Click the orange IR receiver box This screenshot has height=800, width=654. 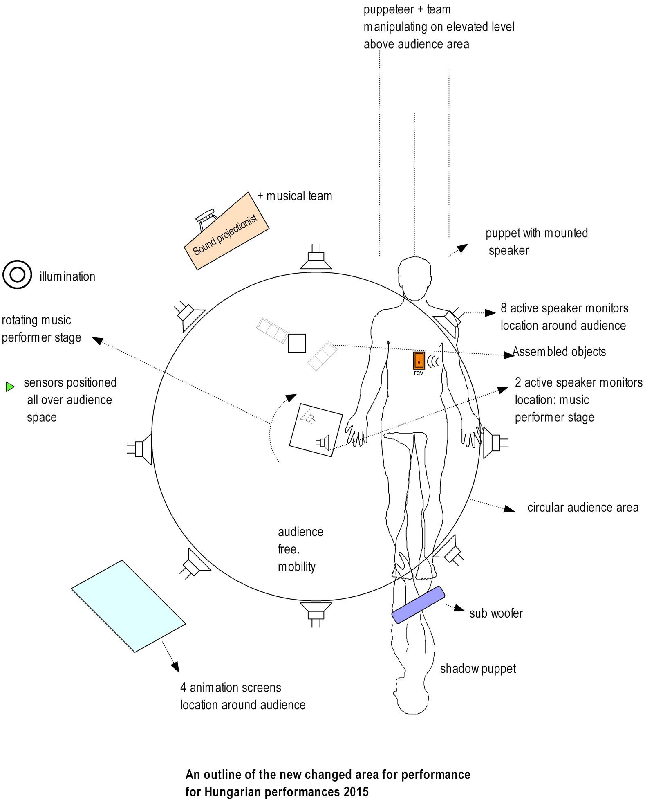point(419,360)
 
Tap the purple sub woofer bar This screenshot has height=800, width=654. point(418,604)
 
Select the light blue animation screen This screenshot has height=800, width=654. point(128,606)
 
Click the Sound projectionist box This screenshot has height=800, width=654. point(227,231)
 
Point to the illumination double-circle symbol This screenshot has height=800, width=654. point(17,274)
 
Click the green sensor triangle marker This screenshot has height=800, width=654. point(10,386)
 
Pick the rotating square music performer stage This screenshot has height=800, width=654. point(316,430)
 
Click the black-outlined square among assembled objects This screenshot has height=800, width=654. point(297,343)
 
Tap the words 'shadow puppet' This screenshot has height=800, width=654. point(477,669)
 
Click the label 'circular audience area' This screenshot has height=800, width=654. point(582,508)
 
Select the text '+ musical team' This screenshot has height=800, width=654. point(295,196)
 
